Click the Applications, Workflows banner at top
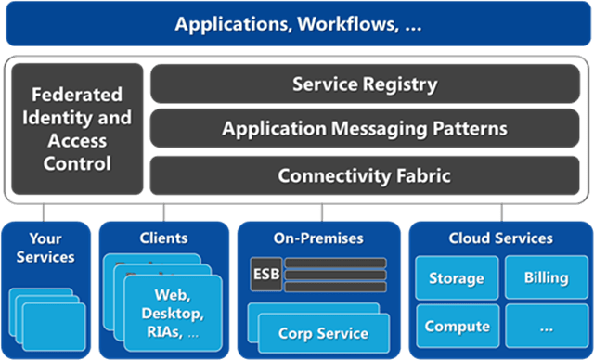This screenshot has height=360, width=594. (297, 23)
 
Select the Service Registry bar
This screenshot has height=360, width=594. (364, 84)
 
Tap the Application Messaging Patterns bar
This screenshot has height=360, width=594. (364, 129)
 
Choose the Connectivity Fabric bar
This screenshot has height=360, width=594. (364, 174)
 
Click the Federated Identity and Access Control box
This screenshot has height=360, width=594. (77, 129)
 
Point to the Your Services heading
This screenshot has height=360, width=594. (45, 248)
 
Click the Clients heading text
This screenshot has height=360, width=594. (163, 238)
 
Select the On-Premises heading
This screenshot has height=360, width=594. (318, 238)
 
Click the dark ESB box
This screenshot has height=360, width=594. (265, 276)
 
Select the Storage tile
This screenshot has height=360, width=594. (455, 277)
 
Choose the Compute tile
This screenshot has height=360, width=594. (455, 327)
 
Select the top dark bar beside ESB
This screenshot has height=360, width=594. (335, 263)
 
